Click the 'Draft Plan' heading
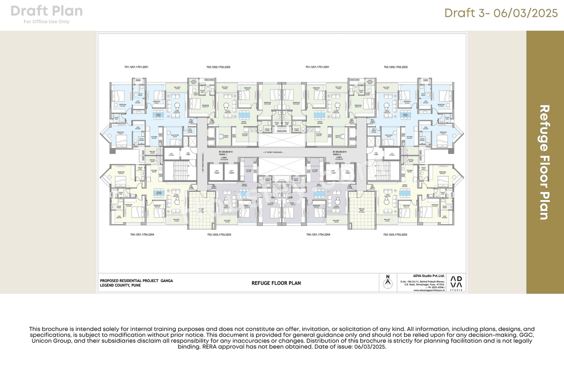(46, 11)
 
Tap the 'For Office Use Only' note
(46, 22)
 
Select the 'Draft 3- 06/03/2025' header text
(501, 13)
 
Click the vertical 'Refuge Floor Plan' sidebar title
(545, 162)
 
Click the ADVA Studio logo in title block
(456, 283)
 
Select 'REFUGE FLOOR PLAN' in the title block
(276, 283)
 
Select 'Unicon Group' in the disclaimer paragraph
(48, 341)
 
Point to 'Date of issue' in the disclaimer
(338, 347)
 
